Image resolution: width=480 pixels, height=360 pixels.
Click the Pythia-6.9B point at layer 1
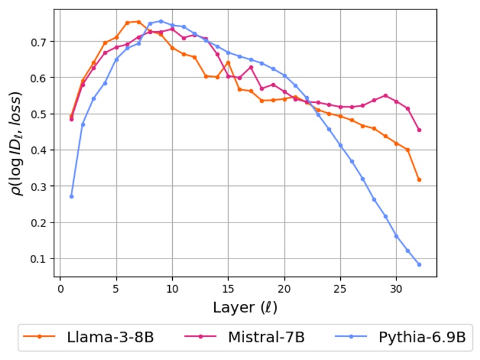point(71,197)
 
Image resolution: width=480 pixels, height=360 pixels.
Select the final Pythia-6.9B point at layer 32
point(419,264)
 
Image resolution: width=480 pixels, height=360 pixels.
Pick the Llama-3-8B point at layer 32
point(419,179)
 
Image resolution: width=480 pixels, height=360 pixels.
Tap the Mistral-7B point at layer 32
point(419,130)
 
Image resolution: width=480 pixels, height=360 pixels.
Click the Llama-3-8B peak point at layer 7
point(139,22)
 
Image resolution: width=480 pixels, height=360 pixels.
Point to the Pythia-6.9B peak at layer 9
point(161,21)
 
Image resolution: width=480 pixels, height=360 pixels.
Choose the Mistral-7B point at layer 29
point(386,96)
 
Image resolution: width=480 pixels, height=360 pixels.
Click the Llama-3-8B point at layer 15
point(228,63)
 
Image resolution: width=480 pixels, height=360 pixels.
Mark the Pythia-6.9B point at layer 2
point(83,124)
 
